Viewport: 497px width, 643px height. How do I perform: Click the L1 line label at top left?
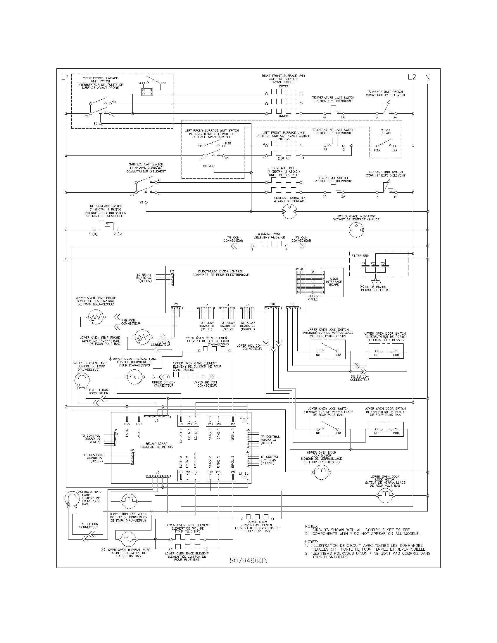[x=65, y=77]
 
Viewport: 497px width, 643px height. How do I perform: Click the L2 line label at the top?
[x=412, y=77]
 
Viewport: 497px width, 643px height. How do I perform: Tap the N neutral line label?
[x=427, y=77]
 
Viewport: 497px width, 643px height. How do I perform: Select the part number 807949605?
[x=248, y=561]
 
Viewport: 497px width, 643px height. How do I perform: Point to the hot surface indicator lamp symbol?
[x=356, y=229]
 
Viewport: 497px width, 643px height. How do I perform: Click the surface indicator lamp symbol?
[x=290, y=211]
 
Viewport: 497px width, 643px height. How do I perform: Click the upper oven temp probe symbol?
[x=95, y=317]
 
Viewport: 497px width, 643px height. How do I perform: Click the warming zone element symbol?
[x=269, y=244]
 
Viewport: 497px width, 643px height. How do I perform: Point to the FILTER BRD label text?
[x=360, y=256]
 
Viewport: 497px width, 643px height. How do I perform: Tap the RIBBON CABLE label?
[x=313, y=298]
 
